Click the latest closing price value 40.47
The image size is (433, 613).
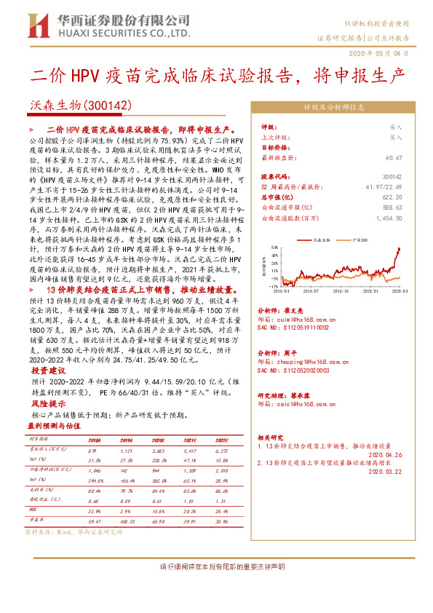(x=394, y=157)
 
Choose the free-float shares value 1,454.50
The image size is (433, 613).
(x=387, y=217)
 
